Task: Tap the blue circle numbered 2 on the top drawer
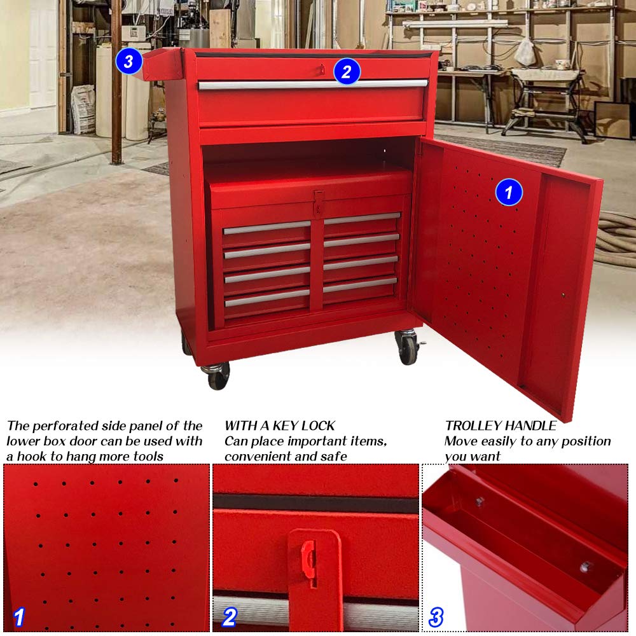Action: coord(347,71)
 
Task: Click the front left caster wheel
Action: coord(218,377)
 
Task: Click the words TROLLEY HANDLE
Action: coord(501,425)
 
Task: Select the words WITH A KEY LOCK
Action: coord(280,425)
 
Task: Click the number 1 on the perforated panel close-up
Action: coord(19,617)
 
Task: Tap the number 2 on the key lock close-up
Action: coord(230,617)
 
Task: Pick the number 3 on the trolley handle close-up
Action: coord(436,617)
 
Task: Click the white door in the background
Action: coord(43,54)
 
